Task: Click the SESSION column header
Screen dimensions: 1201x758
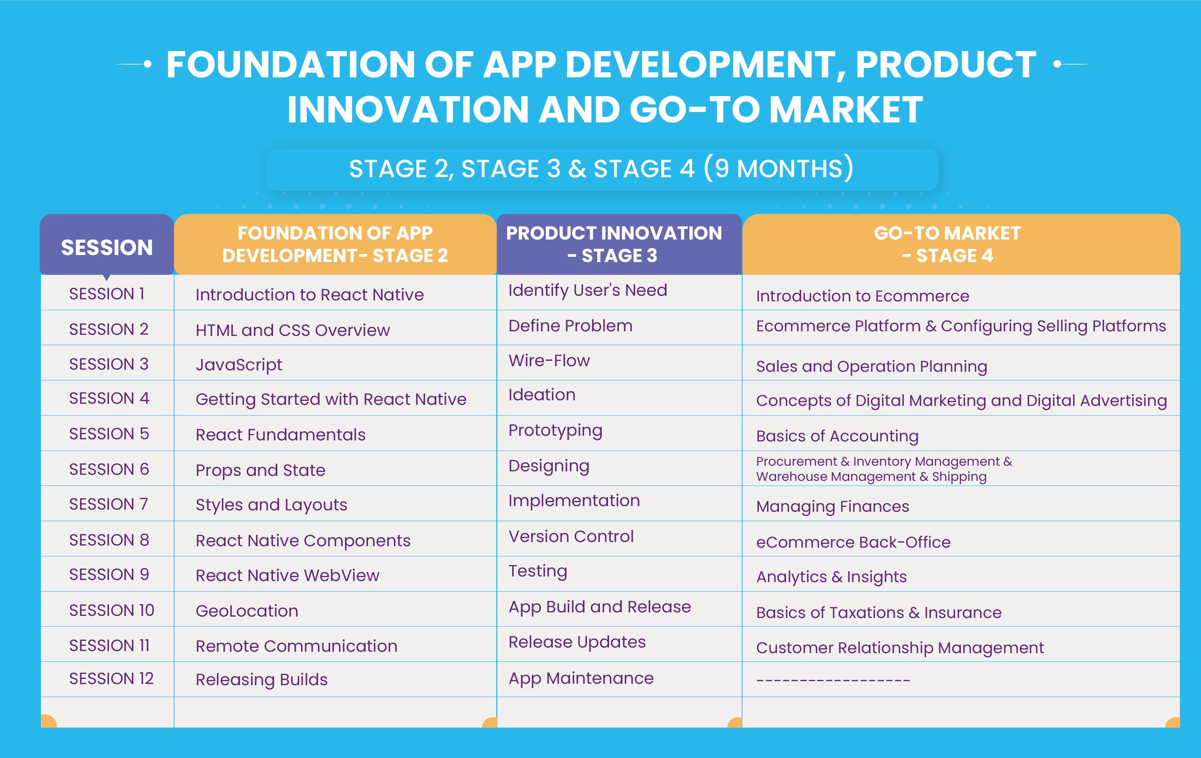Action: (x=107, y=247)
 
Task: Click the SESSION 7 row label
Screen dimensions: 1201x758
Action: (x=109, y=504)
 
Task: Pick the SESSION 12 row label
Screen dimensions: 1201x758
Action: (x=111, y=679)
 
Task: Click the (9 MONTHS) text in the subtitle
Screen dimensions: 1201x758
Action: (x=779, y=168)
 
